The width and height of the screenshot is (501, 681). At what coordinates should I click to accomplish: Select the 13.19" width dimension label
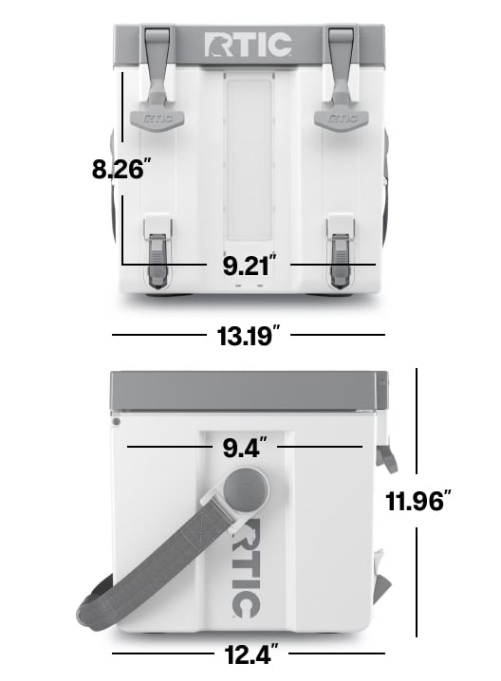tap(249, 336)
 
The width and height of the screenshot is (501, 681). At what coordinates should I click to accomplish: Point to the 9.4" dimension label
tap(245, 447)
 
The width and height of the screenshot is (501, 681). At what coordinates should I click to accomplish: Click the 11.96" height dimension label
tap(418, 501)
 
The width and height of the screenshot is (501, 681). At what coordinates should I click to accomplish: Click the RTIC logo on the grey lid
tap(248, 45)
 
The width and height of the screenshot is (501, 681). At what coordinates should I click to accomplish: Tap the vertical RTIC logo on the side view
tap(246, 567)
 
